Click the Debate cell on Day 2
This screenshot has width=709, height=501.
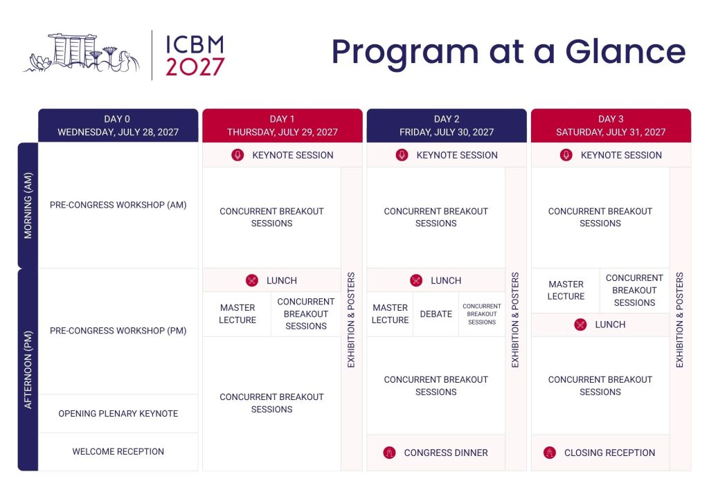(x=436, y=314)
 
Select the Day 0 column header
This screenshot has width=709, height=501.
(x=118, y=125)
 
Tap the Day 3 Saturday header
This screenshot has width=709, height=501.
(x=611, y=125)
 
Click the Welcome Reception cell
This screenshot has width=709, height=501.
(x=118, y=452)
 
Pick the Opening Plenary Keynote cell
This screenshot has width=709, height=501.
(x=118, y=413)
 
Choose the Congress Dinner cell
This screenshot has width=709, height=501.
(x=436, y=453)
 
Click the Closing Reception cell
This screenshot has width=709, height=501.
(x=600, y=453)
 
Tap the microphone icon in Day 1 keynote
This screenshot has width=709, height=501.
(x=238, y=155)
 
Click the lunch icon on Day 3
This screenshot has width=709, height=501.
(x=581, y=325)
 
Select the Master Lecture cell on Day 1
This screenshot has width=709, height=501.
(x=237, y=314)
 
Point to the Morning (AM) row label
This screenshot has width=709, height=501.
(x=28, y=206)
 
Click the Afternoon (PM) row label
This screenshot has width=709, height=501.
(x=28, y=370)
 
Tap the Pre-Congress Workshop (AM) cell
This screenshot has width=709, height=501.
(x=118, y=205)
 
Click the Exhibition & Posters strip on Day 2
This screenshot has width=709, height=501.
(x=515, y=320)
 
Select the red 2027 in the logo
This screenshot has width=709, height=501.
(x=195, y=67)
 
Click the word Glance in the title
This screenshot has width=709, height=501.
(x=626, y=51)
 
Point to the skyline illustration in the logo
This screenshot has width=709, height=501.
(x=82, y=53)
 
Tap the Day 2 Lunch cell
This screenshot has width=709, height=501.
(x=436, y=280)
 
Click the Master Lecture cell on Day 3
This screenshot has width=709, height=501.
(x=566, y=291)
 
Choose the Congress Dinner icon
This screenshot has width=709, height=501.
(x=389, y=452)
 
